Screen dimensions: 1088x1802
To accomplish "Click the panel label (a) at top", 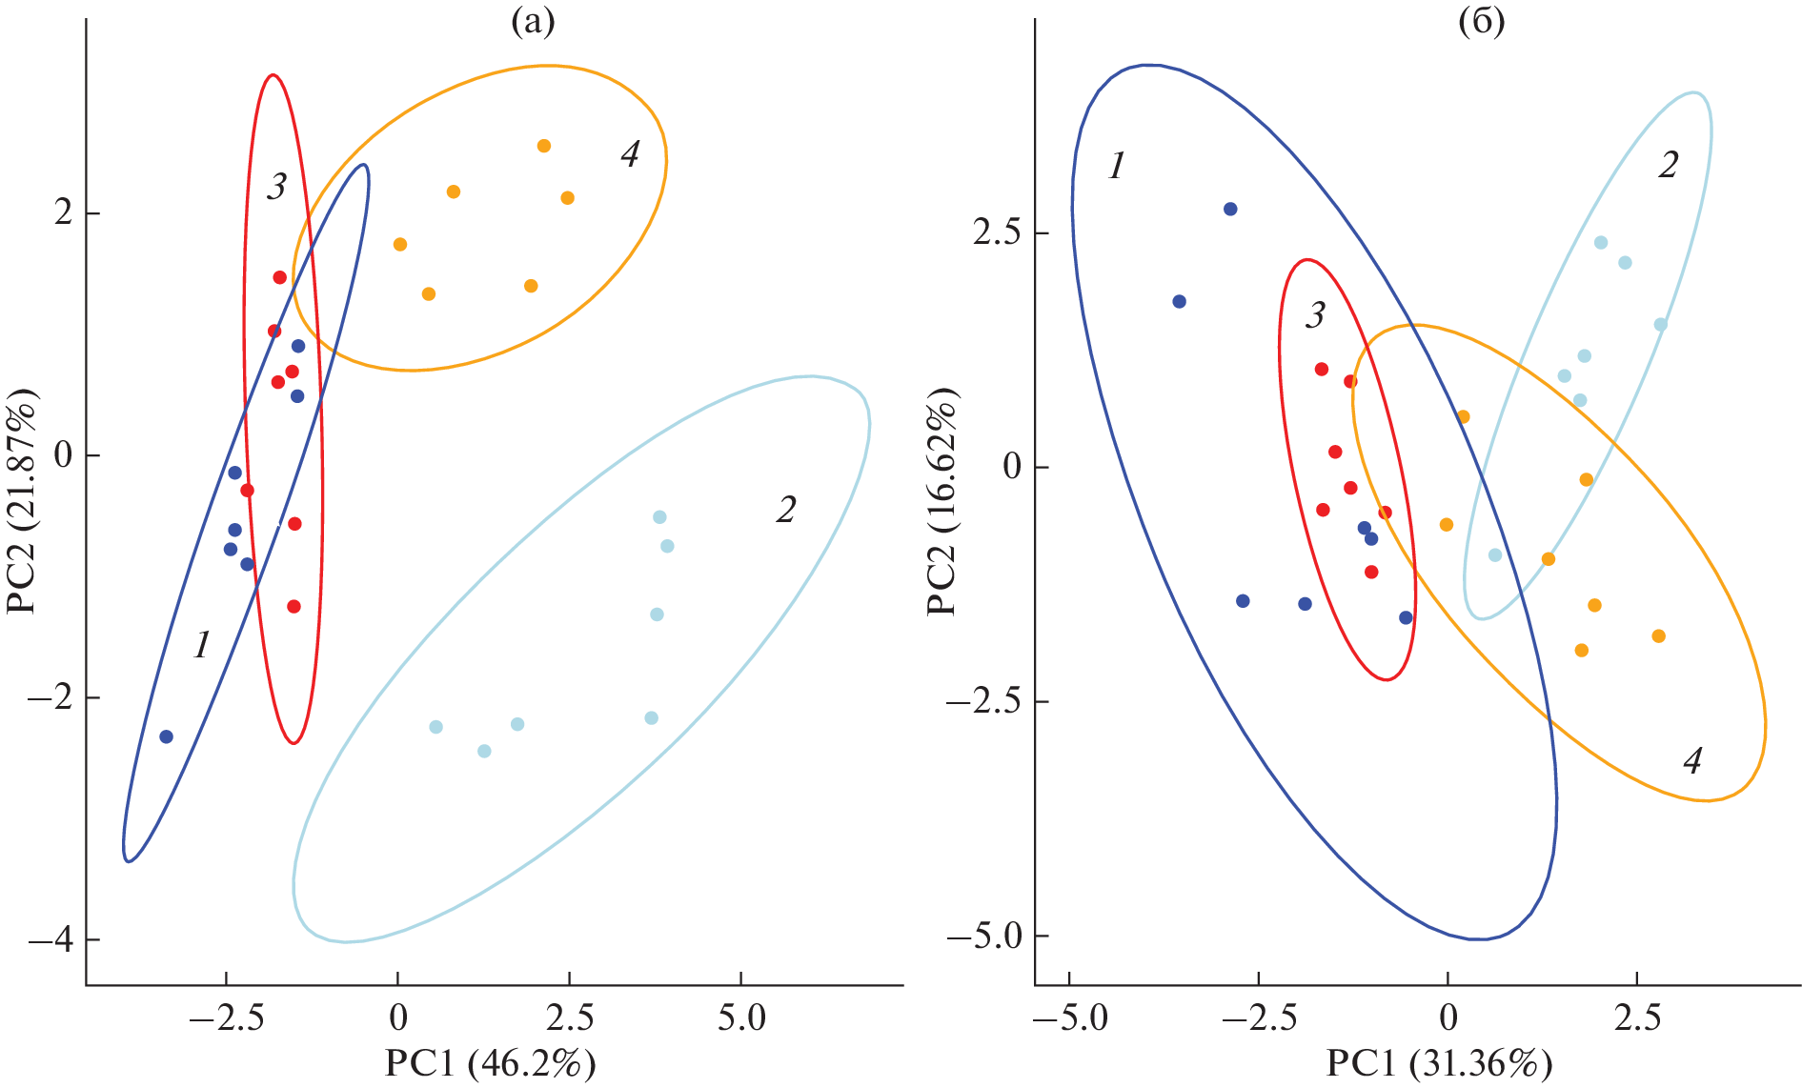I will point(533,21).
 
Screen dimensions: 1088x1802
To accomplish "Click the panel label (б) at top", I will point(1482,21).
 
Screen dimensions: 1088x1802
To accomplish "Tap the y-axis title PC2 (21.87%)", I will point(23,502).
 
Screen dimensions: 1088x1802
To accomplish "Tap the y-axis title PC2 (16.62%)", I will point(942,502).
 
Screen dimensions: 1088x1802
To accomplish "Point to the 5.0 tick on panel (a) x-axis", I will point(741,1017).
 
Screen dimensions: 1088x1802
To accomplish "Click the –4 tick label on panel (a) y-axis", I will point(52,940).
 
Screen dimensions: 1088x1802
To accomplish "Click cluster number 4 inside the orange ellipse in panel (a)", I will point(630,154).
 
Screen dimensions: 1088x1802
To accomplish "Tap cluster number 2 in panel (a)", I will point(785,511).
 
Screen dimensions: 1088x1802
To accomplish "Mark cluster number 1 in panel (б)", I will point(1117,167).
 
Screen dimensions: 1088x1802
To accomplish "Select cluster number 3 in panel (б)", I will point(1315,315).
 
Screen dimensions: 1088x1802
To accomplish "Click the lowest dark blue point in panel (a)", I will point(166,736).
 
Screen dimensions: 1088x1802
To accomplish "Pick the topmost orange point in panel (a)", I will point(544,146).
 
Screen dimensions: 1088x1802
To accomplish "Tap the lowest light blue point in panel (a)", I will point(484,751).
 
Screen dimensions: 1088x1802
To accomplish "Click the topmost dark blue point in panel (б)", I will point(1230,209).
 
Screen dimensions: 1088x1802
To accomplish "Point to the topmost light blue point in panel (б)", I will point(1601,243).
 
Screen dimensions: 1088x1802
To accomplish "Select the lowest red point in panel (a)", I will point(294,607).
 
